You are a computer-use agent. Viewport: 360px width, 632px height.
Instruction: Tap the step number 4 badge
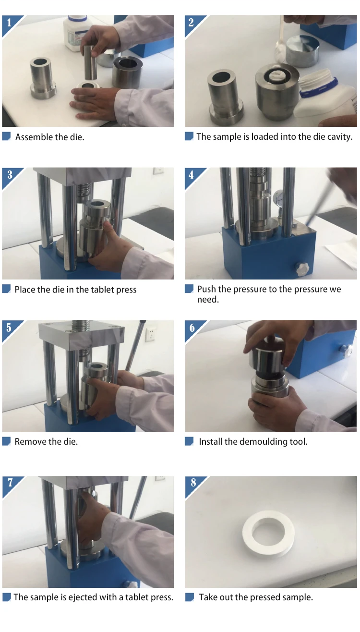[192, 175]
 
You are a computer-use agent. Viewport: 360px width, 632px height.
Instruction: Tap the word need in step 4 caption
[208, 300]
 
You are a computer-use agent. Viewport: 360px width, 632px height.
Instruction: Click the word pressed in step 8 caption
[264, 597]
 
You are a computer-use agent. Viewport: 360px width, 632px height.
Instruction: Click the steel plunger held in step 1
[90, 62]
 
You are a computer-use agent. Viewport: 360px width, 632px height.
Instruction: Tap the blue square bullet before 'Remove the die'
[6, 441]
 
